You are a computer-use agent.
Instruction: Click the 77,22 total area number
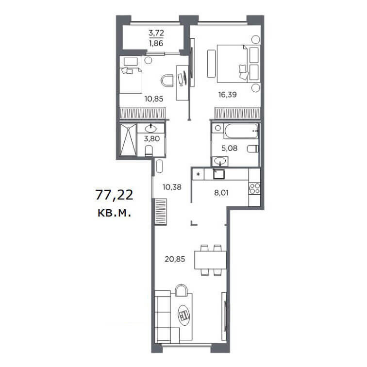(x=114, y=195)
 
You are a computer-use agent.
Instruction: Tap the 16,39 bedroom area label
(x=228, y=95)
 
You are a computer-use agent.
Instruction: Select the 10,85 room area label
(x=154, y=99)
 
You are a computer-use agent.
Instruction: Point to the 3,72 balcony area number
(x=156, y=33)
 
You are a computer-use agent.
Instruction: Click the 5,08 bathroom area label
(x=229, y=148)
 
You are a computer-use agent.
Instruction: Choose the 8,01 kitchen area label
(x=221, y=193)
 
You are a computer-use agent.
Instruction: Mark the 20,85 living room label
(x=175, y=259)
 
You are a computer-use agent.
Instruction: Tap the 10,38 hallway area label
(x=172, y=187)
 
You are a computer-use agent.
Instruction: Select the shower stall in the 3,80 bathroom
(x=128, y=140)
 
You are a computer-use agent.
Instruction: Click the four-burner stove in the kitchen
(x=254, y=189)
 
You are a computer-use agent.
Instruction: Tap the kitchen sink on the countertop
(x=219, y=174)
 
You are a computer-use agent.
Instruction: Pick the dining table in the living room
(x=210, y=260)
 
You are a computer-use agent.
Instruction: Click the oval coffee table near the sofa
(x=183, y=315)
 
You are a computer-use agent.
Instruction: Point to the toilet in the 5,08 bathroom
(x=253, y=149)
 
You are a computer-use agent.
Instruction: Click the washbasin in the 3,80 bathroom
(x=151, y=129)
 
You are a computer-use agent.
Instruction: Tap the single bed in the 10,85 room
(x=131, y=74)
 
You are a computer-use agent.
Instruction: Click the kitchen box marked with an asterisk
(x=198, y=174)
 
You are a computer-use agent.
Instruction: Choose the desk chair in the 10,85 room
(x=167, y=81)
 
